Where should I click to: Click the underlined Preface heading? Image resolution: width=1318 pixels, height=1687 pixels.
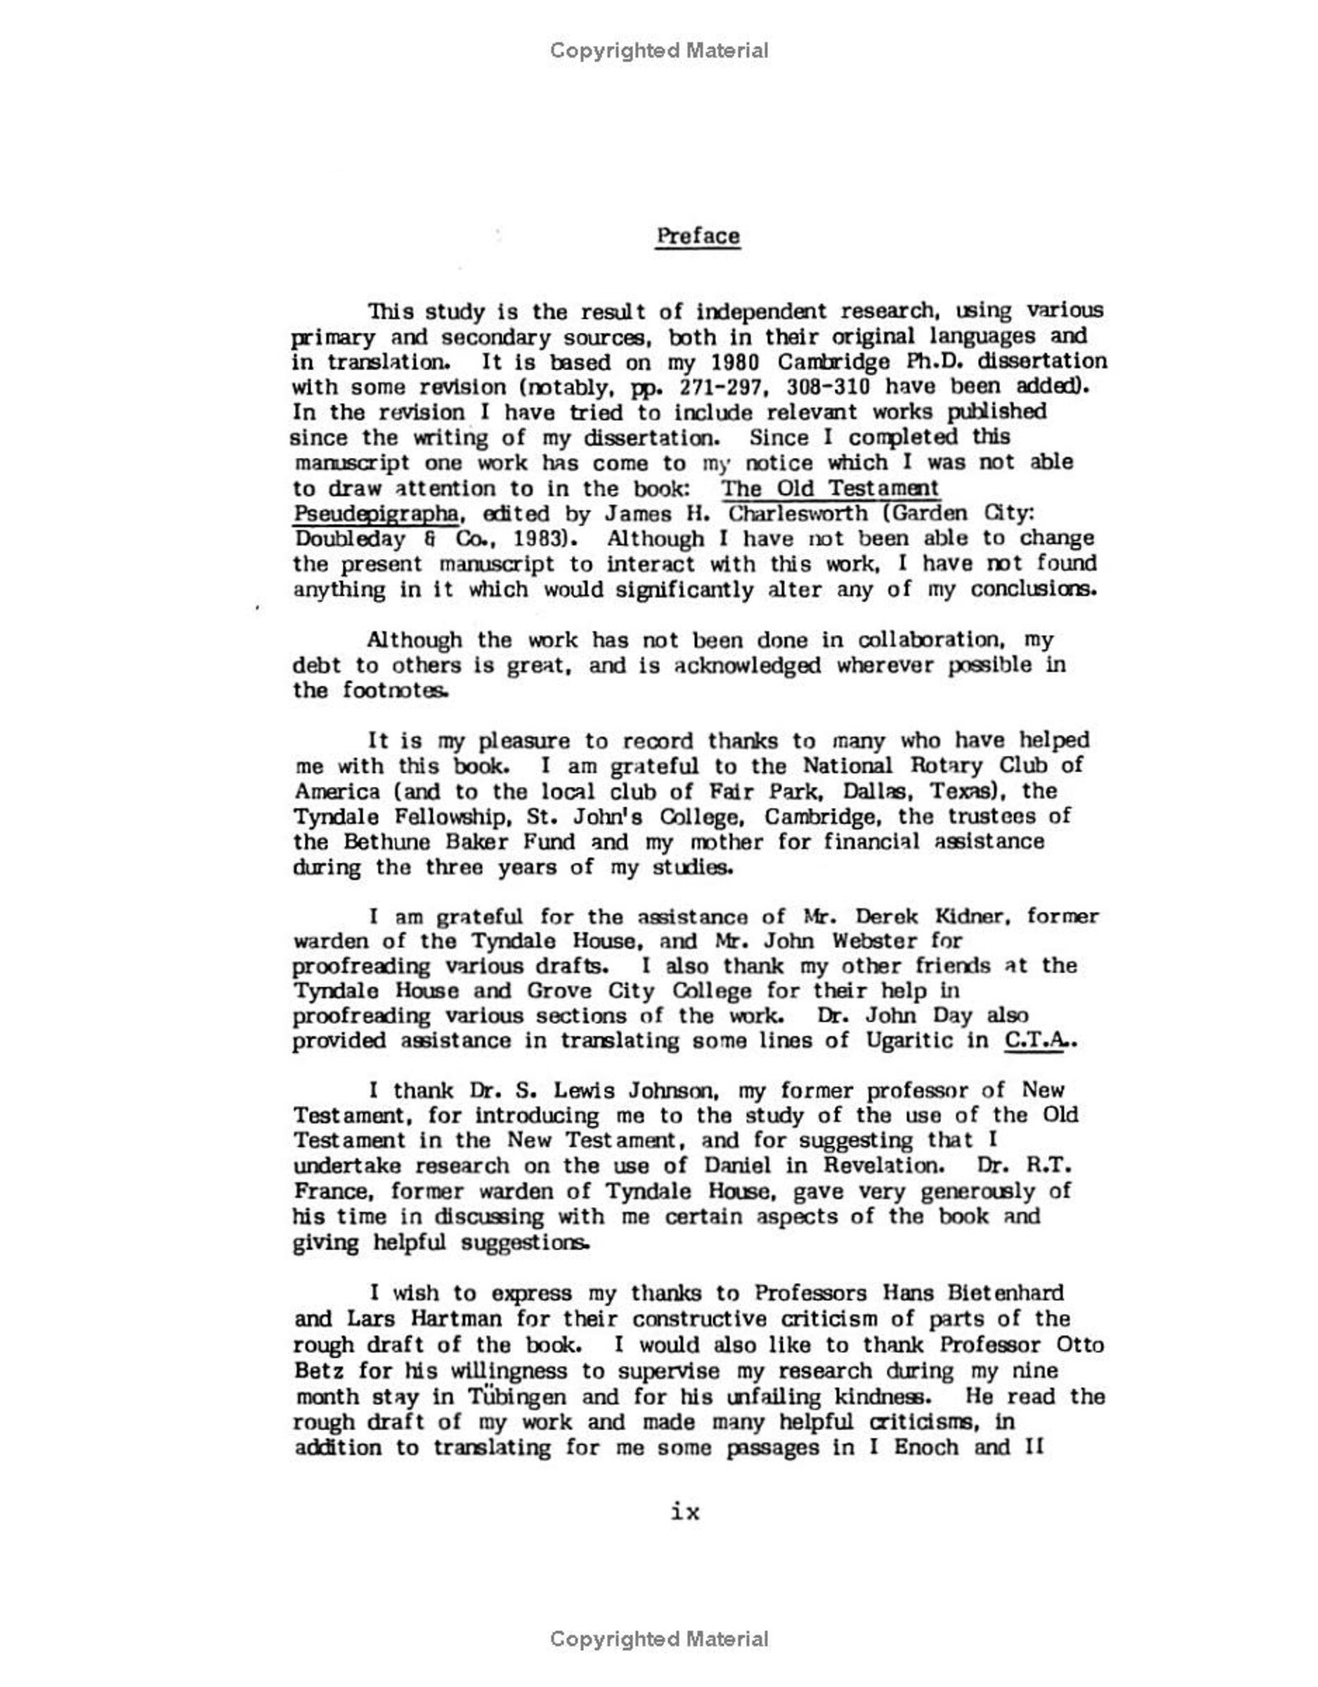pos(698,236)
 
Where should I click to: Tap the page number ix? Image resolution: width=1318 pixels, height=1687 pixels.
pos(685,1512)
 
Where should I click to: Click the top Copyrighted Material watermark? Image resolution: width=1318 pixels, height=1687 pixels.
pos(659,51)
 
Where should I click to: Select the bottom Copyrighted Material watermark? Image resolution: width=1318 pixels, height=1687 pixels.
pos(659,1639)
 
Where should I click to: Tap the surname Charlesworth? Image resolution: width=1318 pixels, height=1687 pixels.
pos(797,513)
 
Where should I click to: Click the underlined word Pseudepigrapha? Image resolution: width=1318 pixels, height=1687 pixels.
pos(376,513)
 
